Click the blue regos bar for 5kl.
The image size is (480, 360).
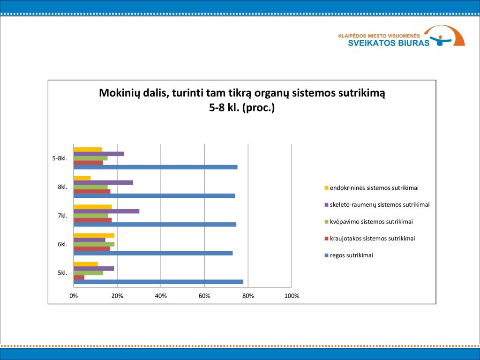point(158,282)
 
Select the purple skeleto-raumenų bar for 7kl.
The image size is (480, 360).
point(106,211)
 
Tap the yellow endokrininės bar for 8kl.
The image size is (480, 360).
point(82,178)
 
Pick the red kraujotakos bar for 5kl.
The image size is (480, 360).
point(79,277)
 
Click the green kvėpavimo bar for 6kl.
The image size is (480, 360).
point(94,244)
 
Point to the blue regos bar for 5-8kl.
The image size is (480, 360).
point(156,167)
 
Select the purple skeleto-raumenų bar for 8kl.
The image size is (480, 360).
point(104,183)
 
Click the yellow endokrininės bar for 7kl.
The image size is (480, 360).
point(93,207)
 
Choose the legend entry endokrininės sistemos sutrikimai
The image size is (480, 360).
point(374,188)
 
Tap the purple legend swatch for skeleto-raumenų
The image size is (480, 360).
point(326,205)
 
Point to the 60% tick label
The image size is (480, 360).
point(204,296)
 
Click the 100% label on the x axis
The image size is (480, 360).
point(292,296)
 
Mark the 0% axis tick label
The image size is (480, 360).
point(74,296)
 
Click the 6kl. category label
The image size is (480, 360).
point(62,244)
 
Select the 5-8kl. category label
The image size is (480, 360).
point(60,158)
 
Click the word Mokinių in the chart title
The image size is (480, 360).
point(119,93)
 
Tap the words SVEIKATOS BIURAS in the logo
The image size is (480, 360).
point(389,43)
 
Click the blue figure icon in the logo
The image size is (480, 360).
point(441,40)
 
